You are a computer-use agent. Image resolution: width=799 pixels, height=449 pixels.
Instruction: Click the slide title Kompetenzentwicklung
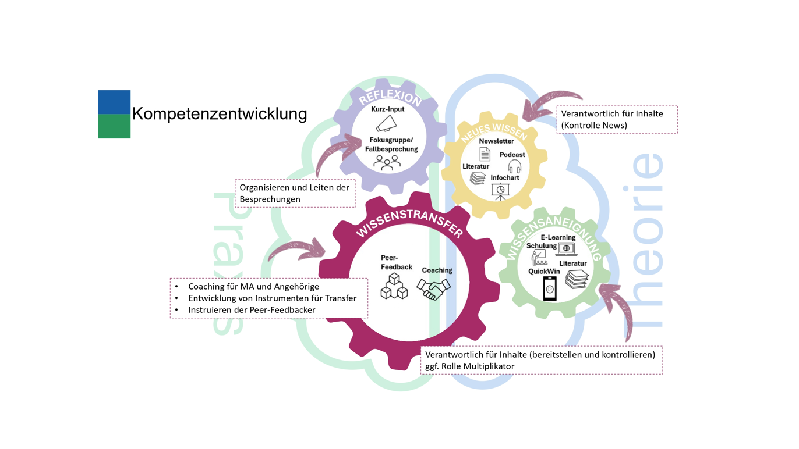tap(220, 113)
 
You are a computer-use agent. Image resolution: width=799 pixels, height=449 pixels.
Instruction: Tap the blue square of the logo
tap(114, 102)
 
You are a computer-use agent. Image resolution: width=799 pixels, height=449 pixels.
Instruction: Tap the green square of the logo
tap(114, 126)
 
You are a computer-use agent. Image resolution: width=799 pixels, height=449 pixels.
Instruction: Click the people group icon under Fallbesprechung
tap(387, 162)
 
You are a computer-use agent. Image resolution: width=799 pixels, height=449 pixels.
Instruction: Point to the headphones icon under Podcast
tap(514, 167)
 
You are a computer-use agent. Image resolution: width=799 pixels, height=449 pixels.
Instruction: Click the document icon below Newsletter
tap(485, 154)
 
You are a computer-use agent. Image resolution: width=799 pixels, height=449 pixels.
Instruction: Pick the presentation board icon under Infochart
tap(500, 191)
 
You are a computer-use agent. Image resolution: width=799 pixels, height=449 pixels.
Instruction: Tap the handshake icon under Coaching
tap(434, 288)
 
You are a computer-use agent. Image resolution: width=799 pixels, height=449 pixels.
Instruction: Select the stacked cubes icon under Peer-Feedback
tap(394, 286)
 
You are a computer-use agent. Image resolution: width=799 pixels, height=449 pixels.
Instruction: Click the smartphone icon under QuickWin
tap(549, 289)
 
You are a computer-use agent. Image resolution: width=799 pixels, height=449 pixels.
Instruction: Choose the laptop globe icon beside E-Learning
tap(565, 249)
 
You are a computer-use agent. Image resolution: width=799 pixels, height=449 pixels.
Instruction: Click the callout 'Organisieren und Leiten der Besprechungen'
tap(295, 194)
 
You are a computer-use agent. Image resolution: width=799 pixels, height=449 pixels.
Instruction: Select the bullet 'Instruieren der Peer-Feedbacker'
tap(252, 310)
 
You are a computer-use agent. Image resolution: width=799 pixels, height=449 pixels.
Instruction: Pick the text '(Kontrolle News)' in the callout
tap(594, 125)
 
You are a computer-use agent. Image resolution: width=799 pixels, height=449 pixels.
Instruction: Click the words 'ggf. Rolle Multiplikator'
tap(469, 366)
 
